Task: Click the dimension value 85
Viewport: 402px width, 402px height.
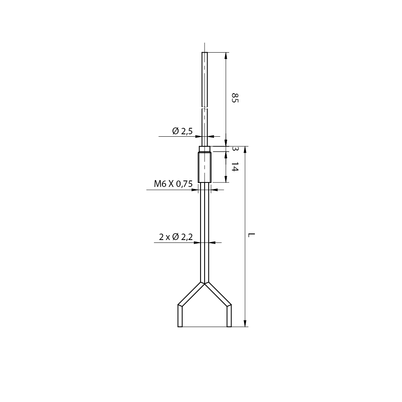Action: tap(235, 98)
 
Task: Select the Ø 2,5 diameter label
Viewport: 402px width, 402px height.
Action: tap(182, 131)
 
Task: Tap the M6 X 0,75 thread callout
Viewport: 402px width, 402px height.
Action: tap(173, 184)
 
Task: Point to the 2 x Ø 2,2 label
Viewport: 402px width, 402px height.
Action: tap(176, 237)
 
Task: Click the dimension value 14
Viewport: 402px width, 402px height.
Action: tap(235, 167)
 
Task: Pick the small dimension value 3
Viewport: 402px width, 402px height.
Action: tap(234, 148)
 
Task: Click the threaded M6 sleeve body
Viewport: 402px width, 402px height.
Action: tap(205, 167)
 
